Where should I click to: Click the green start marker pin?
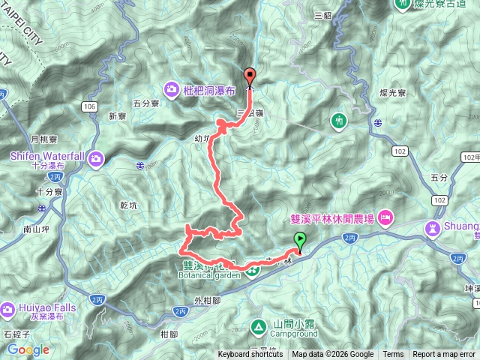301,241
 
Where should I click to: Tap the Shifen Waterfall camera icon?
97,158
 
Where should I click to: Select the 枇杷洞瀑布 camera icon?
172,90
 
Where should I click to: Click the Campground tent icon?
258,326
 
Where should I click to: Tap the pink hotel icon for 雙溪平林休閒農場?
385,218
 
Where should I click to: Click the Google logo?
28,350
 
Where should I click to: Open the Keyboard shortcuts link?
250,355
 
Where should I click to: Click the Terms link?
393,355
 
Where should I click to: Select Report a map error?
444,355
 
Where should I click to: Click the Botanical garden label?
211,274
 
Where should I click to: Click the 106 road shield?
90,107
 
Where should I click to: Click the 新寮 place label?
116,116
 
